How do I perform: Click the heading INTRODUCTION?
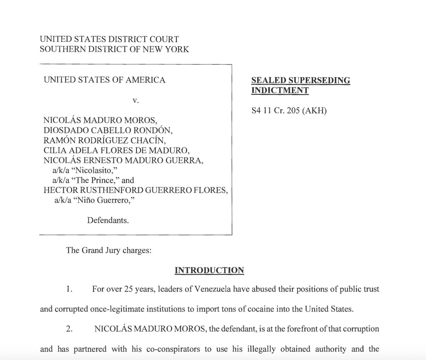209,270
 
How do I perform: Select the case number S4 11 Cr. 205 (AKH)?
289,111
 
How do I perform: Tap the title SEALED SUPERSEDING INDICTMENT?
300,85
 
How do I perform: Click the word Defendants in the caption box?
108,220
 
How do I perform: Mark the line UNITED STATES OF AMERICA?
104,80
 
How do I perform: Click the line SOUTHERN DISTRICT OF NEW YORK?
114,49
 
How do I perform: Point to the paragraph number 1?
70,289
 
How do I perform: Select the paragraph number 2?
70,329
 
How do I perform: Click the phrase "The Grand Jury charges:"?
109,250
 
